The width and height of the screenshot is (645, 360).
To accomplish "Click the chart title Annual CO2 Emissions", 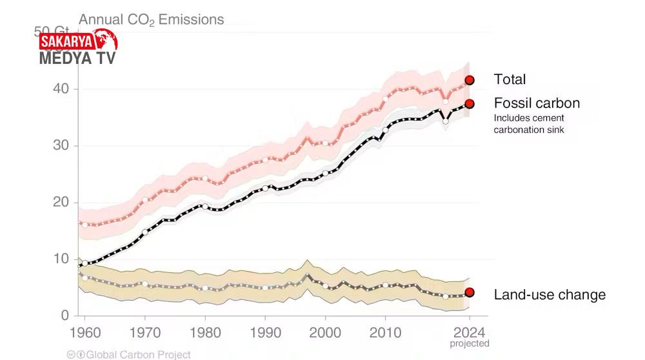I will (151, 19).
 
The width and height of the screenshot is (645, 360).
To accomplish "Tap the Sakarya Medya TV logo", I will (78, 49).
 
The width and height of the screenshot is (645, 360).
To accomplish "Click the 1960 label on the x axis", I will (84, 332).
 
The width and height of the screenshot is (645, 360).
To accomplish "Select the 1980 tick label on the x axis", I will (205, 332).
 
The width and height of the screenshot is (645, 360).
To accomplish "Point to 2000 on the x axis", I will (325, 332).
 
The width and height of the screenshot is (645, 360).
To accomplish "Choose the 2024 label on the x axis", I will (470, 332).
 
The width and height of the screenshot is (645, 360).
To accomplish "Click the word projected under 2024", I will (470, 344).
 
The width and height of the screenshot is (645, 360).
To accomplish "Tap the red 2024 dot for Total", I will (470, 80).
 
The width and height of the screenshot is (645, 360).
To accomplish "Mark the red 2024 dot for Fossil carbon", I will (470, 104).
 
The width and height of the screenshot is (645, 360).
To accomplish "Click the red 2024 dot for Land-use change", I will (470, 292).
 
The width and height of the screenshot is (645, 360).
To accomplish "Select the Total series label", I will (510, 79).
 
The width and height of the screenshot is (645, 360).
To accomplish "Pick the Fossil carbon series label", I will (537, 103).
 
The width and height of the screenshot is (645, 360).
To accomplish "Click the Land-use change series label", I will (550, 295).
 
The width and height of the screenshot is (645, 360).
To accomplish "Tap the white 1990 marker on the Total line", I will (265, 160).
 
